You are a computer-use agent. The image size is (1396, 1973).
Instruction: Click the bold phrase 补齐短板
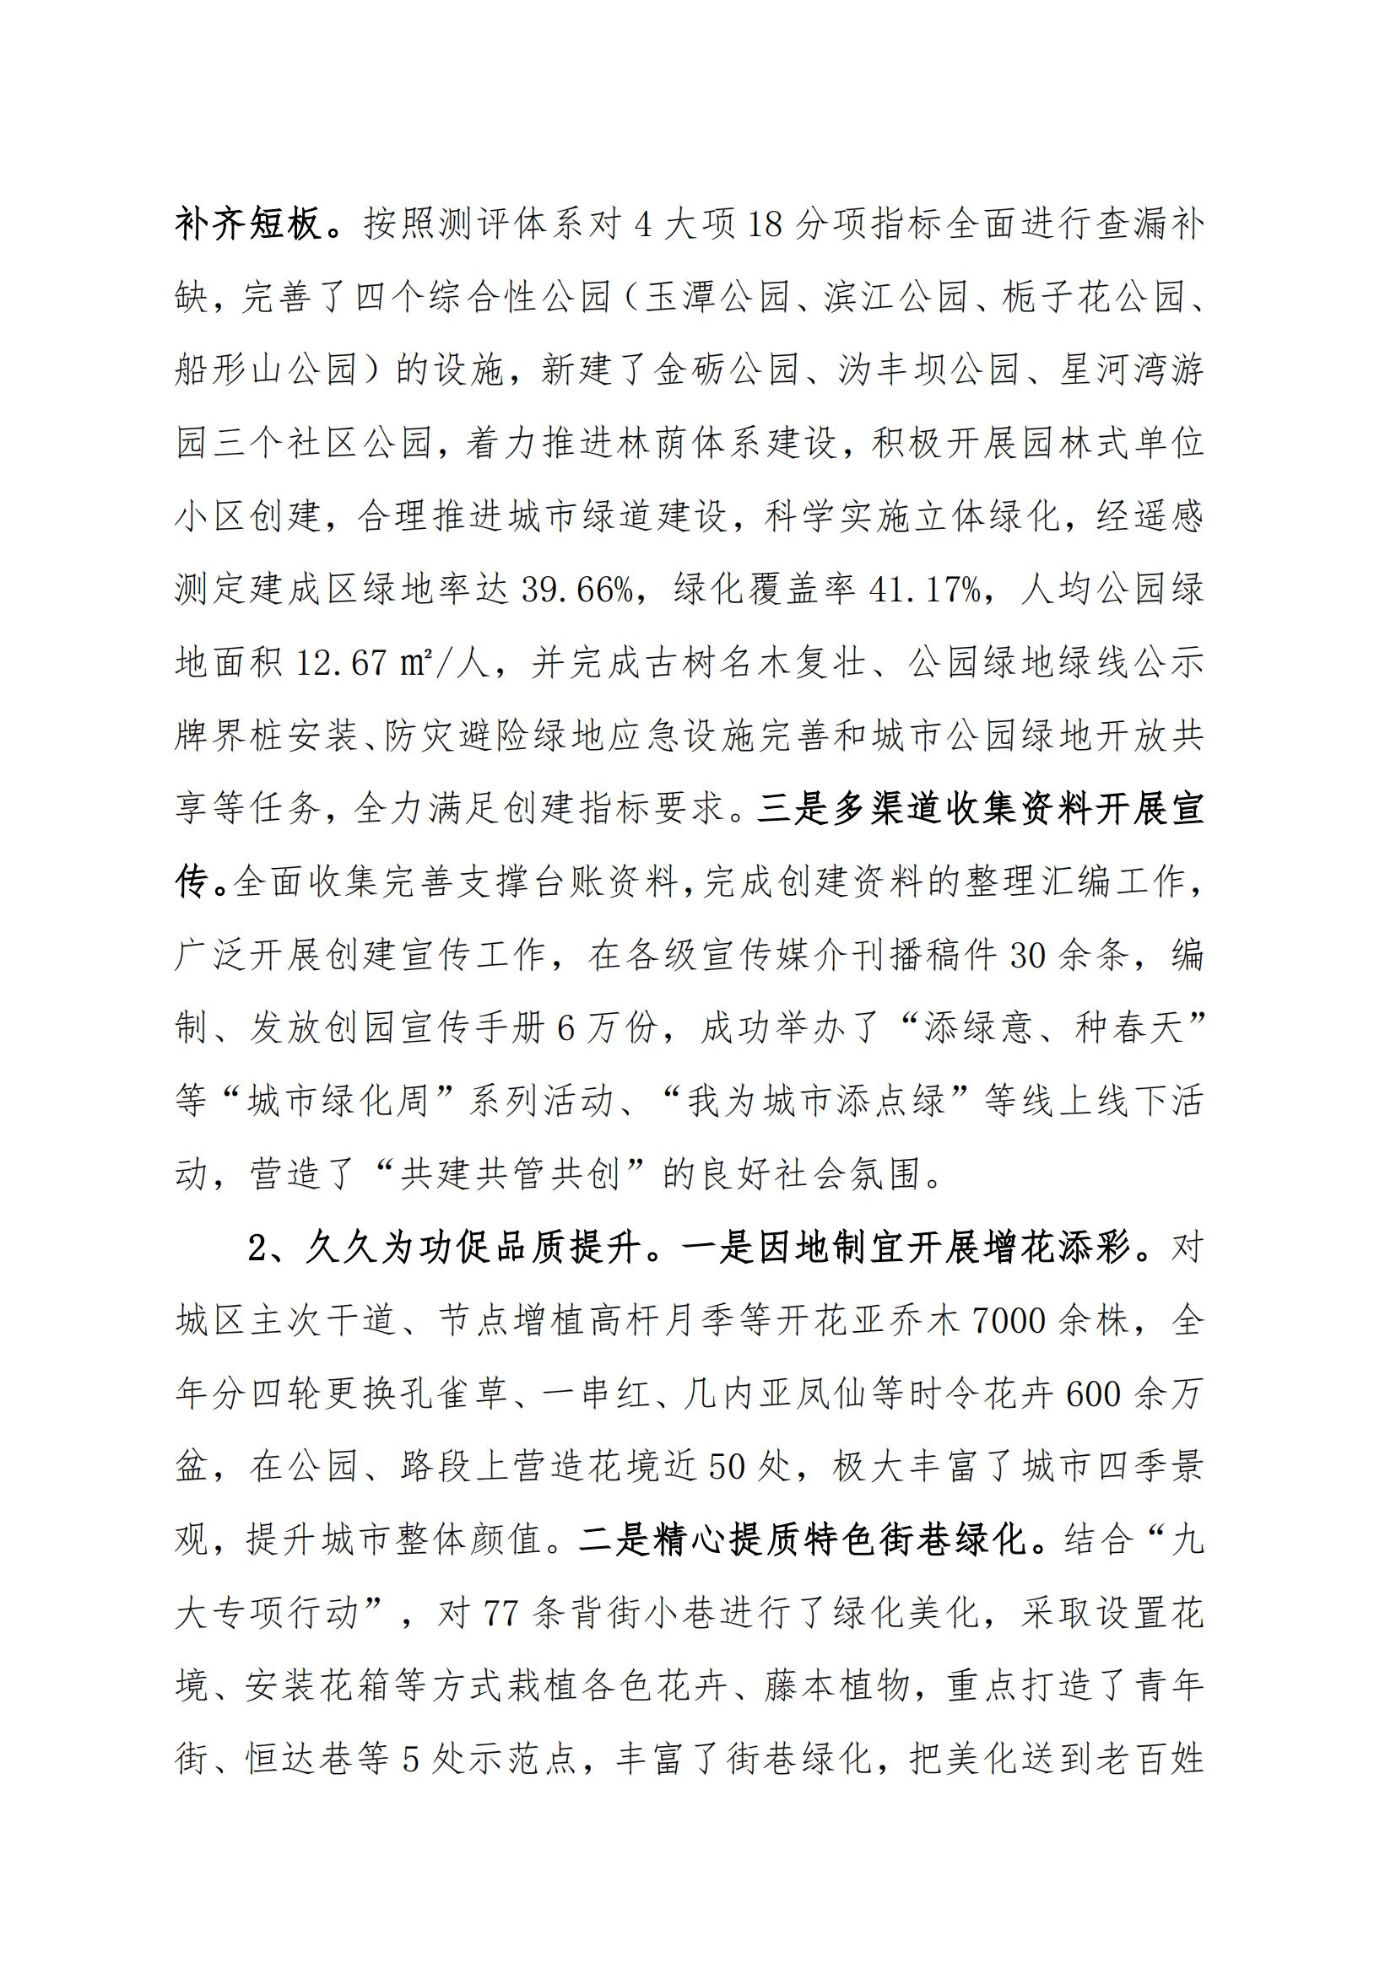pyautogui.click(x=249, y=225)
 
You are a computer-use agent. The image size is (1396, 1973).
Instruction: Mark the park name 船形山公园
pyautogui.click(x=266, y=371)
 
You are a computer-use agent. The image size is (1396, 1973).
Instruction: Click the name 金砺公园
pyautogui.click(x=726, y=371)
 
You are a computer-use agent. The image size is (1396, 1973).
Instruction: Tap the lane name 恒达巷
pyautogui.click(x=283, y=1759)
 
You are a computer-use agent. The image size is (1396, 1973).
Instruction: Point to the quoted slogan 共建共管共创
pyautogui.click(x=510, y=1175)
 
